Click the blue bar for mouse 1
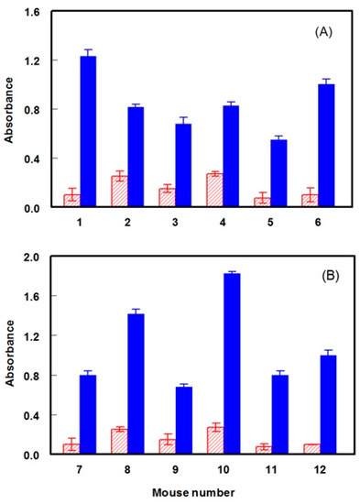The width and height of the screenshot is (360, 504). point(114,132)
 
